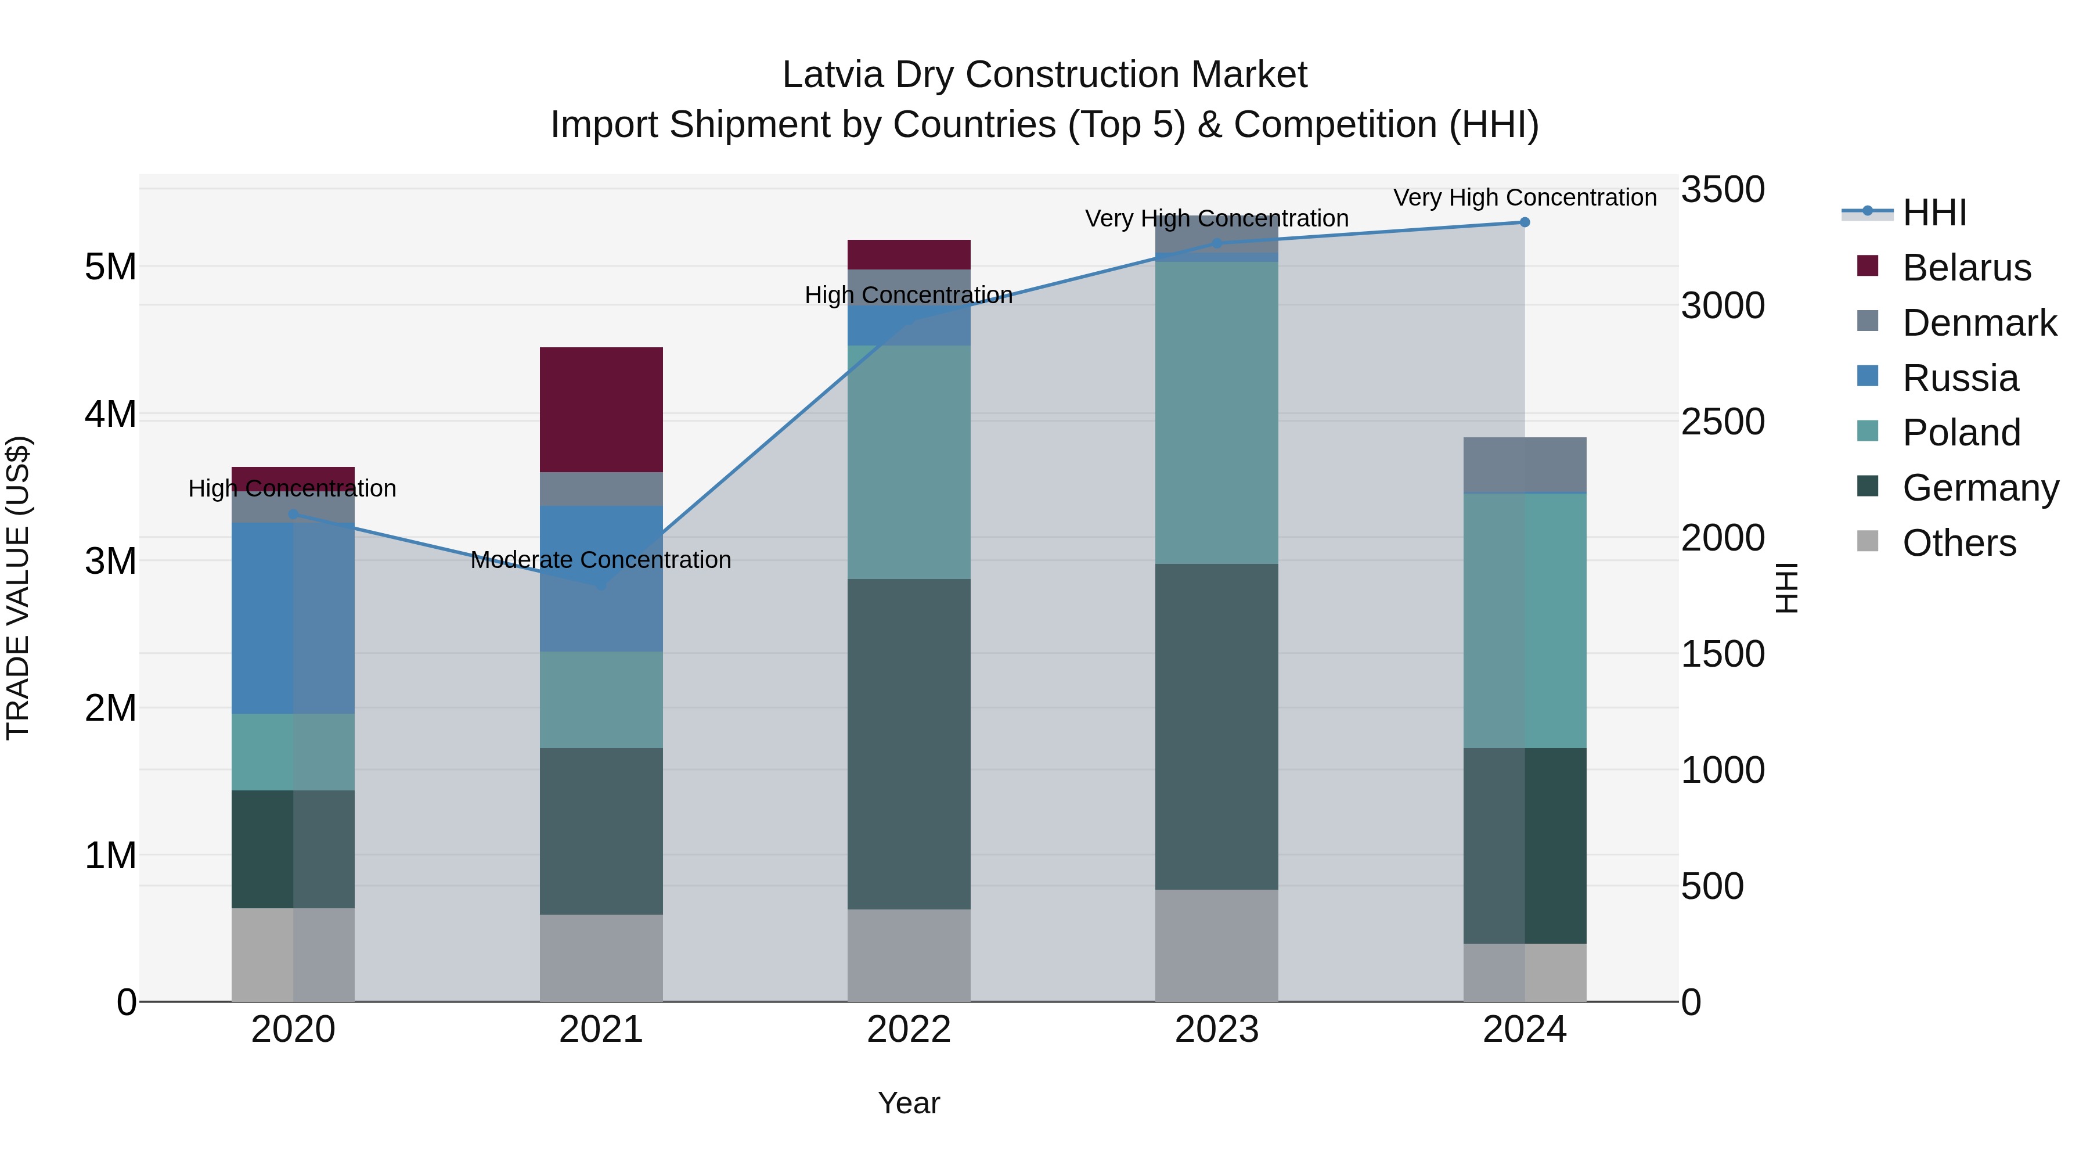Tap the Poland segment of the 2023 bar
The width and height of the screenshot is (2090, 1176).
(x=1216, y=412)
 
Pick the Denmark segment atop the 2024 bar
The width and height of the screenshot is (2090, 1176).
(x=1524, y=464)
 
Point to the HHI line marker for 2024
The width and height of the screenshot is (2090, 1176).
(x=1524, y=222)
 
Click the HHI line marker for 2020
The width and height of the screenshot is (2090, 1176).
(x=294, y=514)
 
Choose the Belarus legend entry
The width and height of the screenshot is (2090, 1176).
(x=1965, y=268)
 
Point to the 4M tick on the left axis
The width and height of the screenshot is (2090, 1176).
(x=110, y=414)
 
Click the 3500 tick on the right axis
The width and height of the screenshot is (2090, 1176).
(x=1722, y=190)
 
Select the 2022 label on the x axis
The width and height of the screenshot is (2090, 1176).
(x=909, y=1030)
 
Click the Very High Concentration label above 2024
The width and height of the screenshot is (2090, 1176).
(x=1524, y=198)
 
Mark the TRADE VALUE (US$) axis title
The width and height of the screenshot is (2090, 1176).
(x=18, y=588)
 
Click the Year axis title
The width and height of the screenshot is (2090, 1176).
(x=909, y=1103)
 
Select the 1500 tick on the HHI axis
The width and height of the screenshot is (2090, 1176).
(x=1722, y=654)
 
